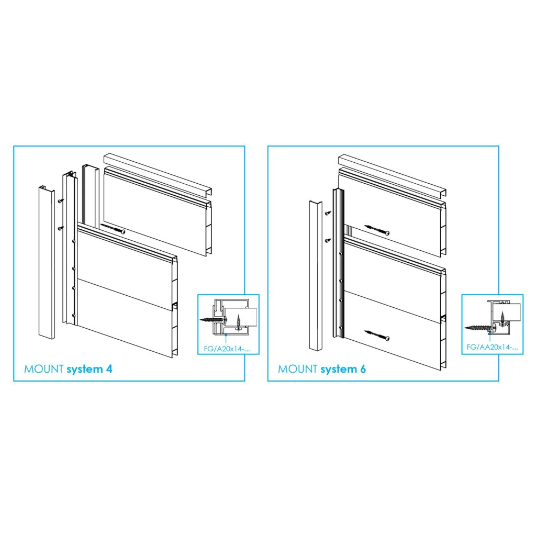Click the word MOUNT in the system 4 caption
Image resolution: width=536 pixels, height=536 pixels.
[x=44, y=369]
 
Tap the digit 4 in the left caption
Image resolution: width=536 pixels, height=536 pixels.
[x=109, y=369]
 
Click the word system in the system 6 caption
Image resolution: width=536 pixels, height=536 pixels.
[x=338, y=370]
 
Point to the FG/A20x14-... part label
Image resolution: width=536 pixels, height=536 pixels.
[x=227, y=349]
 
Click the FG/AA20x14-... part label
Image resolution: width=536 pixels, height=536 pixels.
[x=492, y=348]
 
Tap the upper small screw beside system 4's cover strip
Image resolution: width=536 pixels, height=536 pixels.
[x=61, y=201]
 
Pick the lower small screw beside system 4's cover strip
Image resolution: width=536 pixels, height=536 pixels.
[x=61, y=228]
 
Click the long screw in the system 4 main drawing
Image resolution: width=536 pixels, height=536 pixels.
[x=113, y=229]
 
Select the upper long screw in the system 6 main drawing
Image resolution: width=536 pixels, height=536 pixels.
[x=377, y=230]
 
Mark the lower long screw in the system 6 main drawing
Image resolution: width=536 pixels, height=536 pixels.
[x=377, y=336]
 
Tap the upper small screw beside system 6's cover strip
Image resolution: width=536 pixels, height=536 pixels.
[x=328, y=214]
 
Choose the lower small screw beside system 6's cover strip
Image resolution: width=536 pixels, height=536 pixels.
[x=328, y=241]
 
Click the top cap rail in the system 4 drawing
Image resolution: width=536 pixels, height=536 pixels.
[x=158, y=174]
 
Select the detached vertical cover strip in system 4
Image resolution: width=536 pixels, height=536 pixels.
[x=47, y=262]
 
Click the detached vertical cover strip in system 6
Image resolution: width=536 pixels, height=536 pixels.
[x=316, y=275]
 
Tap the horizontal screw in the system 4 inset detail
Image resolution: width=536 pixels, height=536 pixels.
[x=213, y=320]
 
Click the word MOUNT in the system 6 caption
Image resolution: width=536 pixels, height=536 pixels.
[x=298, y=369]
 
